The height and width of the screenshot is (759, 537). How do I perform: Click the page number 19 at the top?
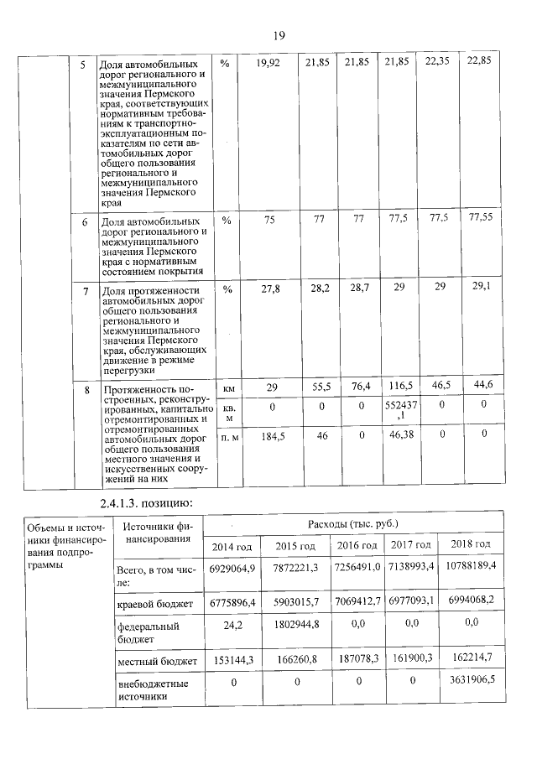coord(279,35)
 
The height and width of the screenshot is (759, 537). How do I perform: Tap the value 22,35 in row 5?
coord(437,64)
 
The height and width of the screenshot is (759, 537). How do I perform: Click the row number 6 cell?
coord(84,223)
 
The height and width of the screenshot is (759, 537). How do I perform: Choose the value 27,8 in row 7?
coord(270,289)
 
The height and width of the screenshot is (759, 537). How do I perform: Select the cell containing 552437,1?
coord(399,409)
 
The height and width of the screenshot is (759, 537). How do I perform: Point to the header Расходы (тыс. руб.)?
coord(353,524)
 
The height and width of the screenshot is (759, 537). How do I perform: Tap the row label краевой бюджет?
coord(155,603)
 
